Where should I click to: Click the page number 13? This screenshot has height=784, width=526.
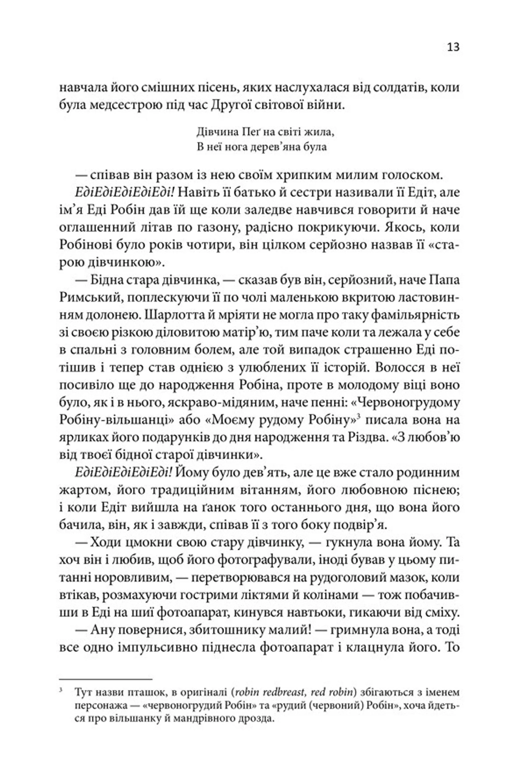pyautogui.click(x=453, y=47)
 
